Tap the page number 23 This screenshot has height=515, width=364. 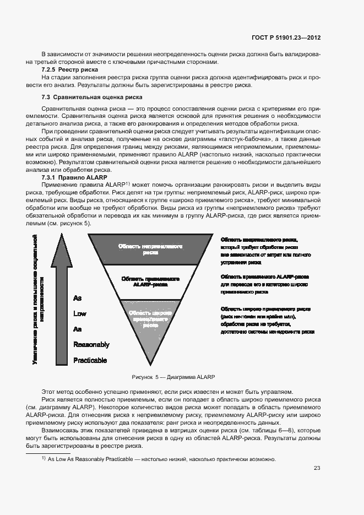[317, 468]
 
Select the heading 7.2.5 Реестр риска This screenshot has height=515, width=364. [70, 70]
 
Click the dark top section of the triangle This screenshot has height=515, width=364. [150, 248]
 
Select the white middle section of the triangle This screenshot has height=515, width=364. [150, 281]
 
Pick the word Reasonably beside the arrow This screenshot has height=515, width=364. [91, 345]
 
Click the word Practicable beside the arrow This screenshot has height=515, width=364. [90, 361]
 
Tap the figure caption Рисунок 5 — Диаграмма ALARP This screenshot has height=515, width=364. [173, 377]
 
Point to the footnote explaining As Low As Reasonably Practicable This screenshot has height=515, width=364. [161, 459]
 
